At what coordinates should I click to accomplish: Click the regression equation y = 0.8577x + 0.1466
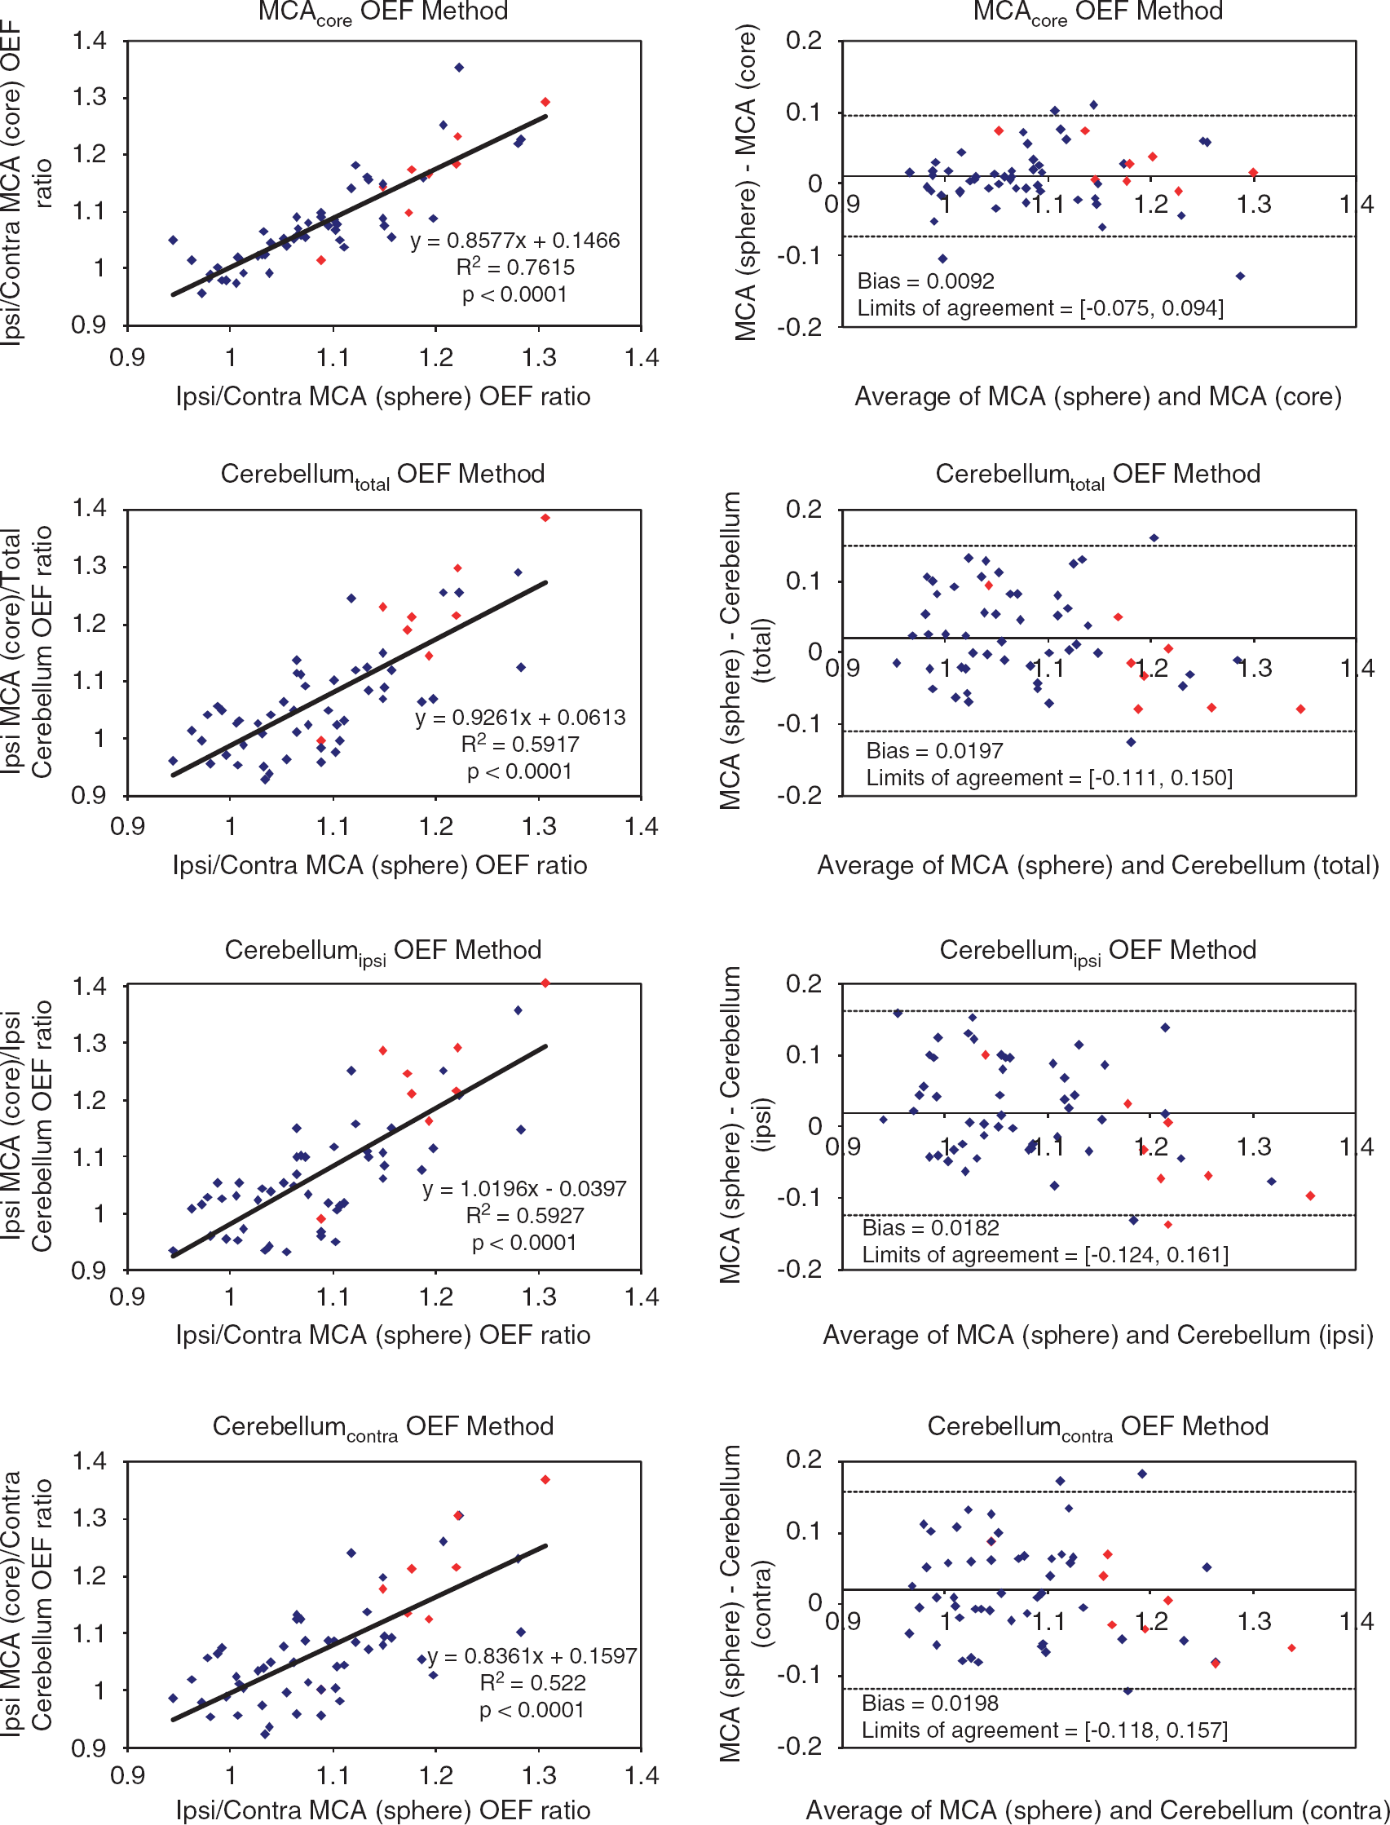click(514, 241)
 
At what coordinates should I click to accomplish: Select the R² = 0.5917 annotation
click(519, 743)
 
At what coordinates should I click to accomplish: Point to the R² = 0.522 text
click(533, 1681)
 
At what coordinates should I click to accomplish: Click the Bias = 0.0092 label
click(926, 281)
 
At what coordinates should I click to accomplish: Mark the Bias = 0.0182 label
click(930, 1227)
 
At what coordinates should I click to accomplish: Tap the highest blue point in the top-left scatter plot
click(459, 68)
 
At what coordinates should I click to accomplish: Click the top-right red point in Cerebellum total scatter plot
click(545, 518)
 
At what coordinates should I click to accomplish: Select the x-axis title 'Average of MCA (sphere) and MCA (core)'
click(1098, 396)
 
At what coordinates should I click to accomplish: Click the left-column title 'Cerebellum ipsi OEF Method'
click(383, 951)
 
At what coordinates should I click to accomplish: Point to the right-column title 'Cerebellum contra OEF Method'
click(1098, 1427)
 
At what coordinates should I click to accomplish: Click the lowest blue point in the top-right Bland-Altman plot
click(1239, 276)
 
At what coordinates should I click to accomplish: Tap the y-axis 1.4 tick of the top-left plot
click(90, 41)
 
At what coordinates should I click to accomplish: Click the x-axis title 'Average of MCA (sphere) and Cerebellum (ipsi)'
click(1098, 1335)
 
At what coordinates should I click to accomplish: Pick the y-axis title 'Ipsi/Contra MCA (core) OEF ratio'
click(25, 182)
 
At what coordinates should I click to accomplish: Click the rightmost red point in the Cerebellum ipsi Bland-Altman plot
click(1310, 1196)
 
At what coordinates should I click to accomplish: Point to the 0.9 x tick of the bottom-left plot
click(127, 1775)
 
